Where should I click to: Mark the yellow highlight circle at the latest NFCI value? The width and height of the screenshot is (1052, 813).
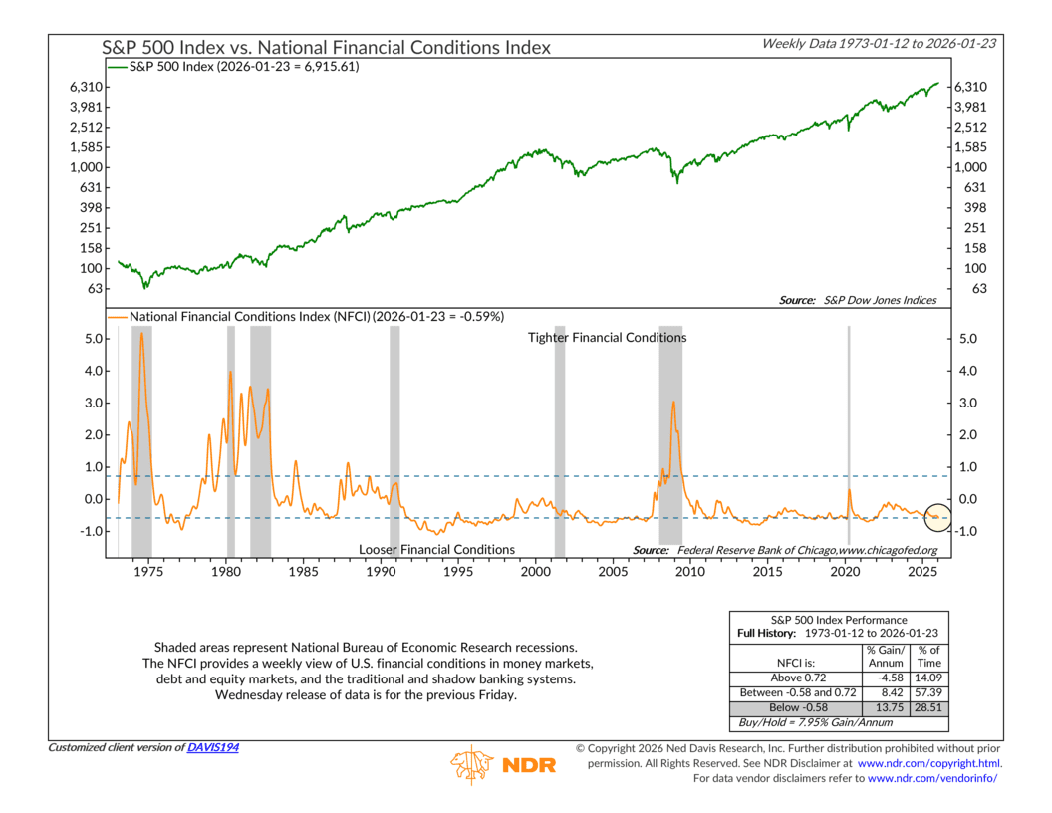pyautogui.click(x=938, y=517)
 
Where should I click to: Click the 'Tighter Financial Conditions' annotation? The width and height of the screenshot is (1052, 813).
pyautogui.click(x=607, y=338)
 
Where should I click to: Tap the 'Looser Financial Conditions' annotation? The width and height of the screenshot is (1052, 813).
pyautogui.click(x=436, y=550)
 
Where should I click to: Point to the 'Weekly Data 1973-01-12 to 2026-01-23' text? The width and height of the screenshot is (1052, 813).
pyautogui.click(x=881, y=43)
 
